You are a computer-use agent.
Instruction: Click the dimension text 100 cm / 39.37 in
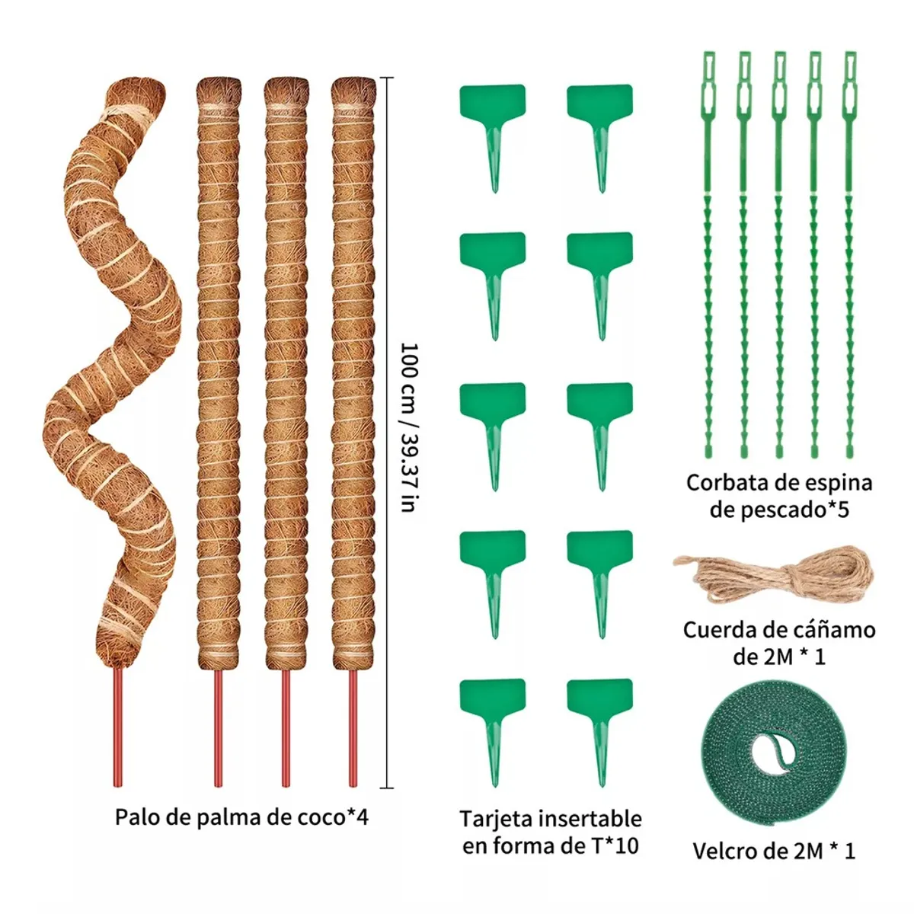409,427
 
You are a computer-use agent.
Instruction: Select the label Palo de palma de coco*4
241,817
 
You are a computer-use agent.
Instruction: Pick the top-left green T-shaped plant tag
493,129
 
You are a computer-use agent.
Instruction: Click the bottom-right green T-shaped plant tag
600,724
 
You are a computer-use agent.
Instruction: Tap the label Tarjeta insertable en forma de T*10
550,832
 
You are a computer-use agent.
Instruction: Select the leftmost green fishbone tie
708,251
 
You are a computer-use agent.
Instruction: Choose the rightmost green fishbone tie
850,251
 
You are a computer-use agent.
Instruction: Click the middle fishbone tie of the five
778,251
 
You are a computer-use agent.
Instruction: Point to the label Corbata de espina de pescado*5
778,495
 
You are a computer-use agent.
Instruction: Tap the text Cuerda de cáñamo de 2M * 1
778,643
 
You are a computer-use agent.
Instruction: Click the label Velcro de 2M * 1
774,851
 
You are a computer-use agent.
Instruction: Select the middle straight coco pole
286,366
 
